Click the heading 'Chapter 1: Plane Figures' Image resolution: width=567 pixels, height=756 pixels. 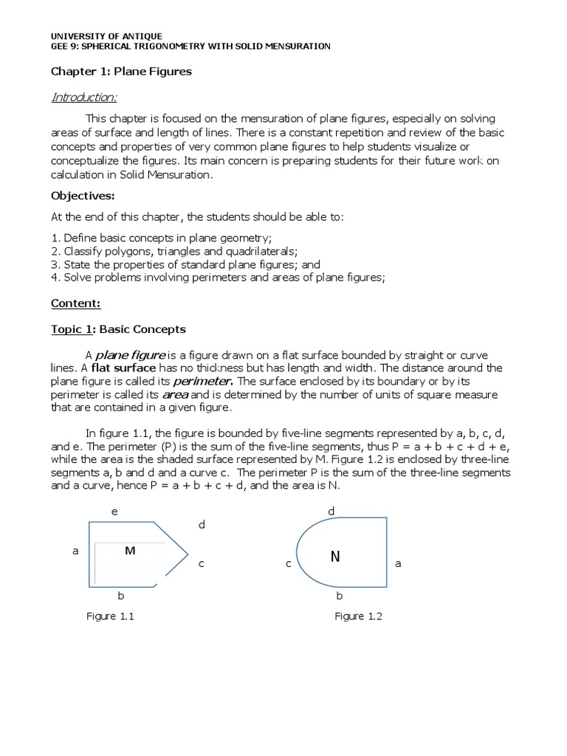point(120,72)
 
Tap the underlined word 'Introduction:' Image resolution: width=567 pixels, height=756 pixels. point(83,97)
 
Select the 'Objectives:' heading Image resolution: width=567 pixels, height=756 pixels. point(82,196)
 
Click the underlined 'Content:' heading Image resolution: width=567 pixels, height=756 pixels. point(75,303)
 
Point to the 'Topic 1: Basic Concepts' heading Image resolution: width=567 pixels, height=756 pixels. point(118,329)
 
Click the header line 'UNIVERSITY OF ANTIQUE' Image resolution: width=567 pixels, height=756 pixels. point(106,36)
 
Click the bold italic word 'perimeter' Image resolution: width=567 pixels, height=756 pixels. point(202,382)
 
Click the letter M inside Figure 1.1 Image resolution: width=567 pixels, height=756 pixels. point(130,551)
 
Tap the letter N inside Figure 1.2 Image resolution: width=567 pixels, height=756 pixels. point(335,557)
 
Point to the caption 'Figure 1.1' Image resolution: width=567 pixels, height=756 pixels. point(110,616)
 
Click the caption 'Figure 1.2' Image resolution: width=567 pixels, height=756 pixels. point(358,616)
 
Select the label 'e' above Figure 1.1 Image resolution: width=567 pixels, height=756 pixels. point(114,512)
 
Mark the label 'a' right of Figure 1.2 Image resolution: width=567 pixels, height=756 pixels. point(398,563)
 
